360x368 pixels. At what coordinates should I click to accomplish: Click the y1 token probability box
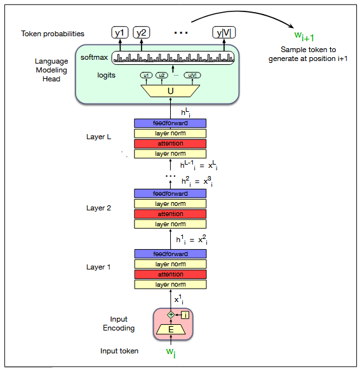(119, 33)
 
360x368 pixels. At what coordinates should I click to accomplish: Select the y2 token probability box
(141, 33)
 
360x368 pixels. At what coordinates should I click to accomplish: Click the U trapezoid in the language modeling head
(170, 91)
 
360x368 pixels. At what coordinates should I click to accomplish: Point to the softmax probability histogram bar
(173, 58)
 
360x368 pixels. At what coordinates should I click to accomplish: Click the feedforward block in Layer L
(170, 123)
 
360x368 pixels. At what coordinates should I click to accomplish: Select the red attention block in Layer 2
(170, 214)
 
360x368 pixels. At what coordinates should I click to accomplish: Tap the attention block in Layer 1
(170, 275)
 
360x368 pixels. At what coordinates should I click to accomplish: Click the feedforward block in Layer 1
(170, 254)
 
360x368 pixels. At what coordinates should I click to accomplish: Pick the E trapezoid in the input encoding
(170, 329)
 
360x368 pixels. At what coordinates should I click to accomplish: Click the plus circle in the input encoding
(170, 315)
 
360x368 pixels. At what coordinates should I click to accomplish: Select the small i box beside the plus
(185, 315)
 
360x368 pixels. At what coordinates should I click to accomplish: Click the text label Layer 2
(98, 208)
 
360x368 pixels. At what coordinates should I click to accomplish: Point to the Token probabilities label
(52, 34)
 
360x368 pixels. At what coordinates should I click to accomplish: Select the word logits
(106, 76)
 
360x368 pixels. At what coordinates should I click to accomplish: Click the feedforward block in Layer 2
(170, 193)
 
